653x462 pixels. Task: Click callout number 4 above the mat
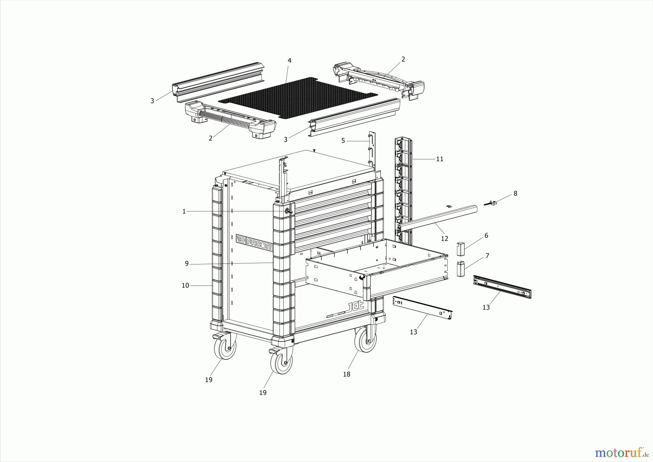point(289,60)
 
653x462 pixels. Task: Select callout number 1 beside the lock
point(184,211)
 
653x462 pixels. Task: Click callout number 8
point(515,194)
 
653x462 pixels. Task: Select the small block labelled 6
point(461,249)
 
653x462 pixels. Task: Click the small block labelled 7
point(461,269)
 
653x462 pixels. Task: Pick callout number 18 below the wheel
point(347,374)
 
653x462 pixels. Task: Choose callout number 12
point(444,239)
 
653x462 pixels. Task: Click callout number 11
point(440,159)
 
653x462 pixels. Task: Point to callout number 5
point(343,141)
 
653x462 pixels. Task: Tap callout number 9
point(187,264)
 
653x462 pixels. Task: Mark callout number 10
point(185,285)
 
